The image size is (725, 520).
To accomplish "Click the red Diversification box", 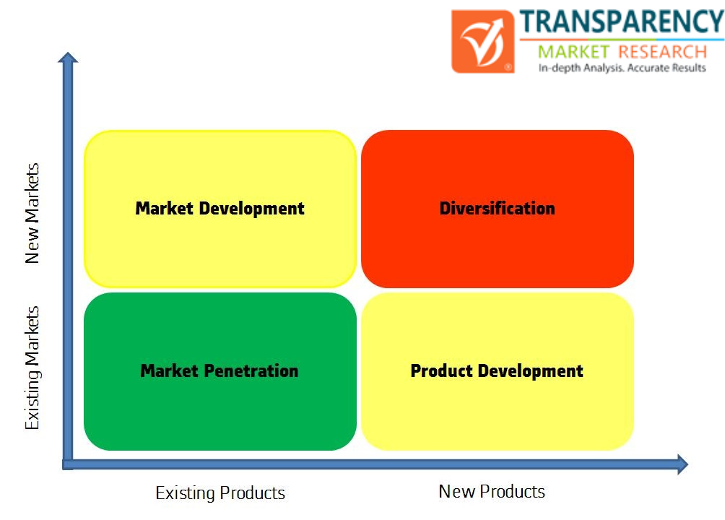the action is (x=497, y=209).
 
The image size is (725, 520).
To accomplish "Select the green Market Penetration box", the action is (x=220, y=371).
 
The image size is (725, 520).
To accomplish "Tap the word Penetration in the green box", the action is (x=251, y=371).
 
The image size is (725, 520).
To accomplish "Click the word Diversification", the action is (x=497, y=208).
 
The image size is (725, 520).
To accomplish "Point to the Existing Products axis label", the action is (x=220, y=493).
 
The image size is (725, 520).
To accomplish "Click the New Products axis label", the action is (x=492, y=491).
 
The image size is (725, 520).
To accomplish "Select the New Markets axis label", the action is (x=32, y=213).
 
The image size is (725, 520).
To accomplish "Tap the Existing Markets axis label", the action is (x=32, y=368).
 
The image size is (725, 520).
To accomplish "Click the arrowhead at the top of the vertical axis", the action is (x=68, y=57).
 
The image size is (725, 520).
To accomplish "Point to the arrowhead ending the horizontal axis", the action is (x=683, y=464).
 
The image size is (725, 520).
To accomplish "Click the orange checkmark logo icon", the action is (x=482, y=42).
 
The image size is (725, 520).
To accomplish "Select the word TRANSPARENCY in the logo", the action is (x=622, y=22).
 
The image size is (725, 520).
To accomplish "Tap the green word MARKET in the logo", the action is (x=574, y=52).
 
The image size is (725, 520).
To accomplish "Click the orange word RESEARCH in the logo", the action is (x=663, y=52).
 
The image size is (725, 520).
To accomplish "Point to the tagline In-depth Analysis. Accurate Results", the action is (x=622, y=68).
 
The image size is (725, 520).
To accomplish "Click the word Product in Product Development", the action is (x=441, y=371).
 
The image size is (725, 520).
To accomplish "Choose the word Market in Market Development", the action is (x=164, y=208).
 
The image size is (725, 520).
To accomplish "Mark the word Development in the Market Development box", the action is (x=251, y=209).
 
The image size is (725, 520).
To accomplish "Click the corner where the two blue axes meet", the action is (x=68, y=464).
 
